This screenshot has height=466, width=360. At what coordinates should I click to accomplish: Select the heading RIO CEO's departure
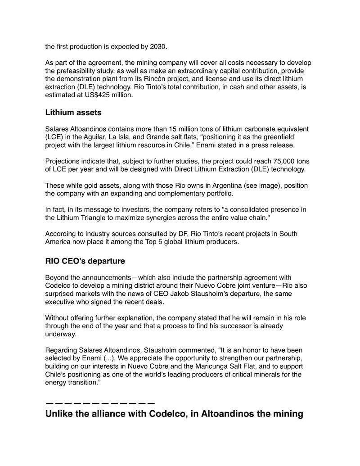tap(85, 261)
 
